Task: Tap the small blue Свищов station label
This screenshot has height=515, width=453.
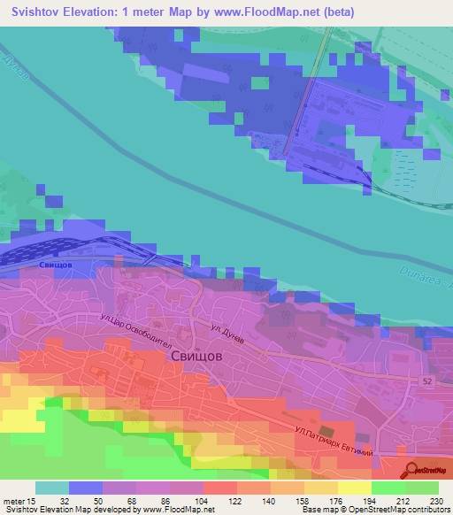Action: [x=56, y=265]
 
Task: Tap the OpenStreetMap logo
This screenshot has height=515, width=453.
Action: [x=427, y=471]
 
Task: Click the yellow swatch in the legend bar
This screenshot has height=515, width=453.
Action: [x=354, y=488]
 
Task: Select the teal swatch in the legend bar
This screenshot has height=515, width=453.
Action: [x=52, y=488]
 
